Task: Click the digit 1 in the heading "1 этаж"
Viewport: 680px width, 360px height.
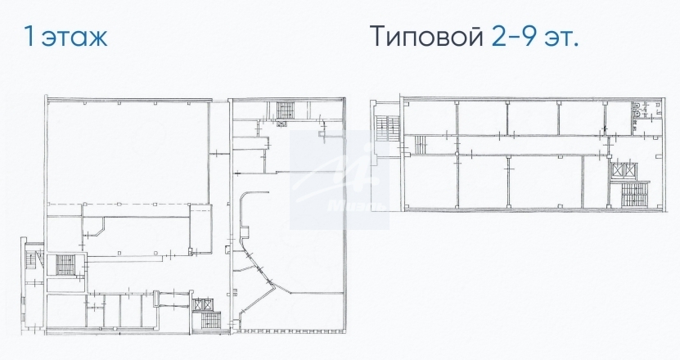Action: click(29, 36)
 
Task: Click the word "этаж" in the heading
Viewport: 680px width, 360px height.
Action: click(74, 38)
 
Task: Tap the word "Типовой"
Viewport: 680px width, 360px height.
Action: click(426, 36)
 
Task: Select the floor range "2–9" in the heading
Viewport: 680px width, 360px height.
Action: click(515, 36)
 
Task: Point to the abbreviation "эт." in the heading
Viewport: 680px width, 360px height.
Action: click(561, 38)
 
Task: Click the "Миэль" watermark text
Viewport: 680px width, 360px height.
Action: click(357, 205)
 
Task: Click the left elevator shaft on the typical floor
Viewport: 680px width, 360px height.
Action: click(617, 170)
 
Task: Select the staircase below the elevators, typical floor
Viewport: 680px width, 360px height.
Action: click(634, 193)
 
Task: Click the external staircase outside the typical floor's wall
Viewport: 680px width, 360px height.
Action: click(387, 128)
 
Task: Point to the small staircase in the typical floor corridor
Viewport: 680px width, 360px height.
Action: click(421, 145)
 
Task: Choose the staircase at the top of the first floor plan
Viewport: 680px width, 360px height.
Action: click(285, 110)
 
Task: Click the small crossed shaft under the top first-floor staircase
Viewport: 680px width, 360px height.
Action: click(281, 124)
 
